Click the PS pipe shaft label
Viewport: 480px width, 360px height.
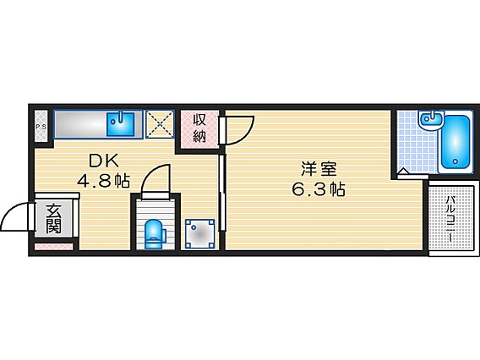click(x=41, y=126)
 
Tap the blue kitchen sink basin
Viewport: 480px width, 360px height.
click(x=120, y=124)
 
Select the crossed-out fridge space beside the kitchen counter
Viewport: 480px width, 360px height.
click(x=160, y=124)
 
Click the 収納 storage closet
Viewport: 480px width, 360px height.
click(x=199, y=129)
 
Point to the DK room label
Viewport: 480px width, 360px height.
click(x=104, y=161)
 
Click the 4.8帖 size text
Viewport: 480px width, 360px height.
click(x=103, y=181)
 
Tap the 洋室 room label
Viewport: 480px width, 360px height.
click(x=319, y=169)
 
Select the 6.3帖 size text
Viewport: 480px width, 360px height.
click(x=319, y=189)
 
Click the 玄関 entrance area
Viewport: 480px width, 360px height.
click(x=54, y=218)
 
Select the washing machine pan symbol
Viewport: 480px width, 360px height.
click(x=200, y=233)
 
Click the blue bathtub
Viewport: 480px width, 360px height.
click(x=455, y=142)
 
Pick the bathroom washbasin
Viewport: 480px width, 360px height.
click(x=431, y=120)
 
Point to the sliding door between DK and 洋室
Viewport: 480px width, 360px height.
click(x=222, y=193)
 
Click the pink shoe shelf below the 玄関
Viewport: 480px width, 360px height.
click(x=54, y=247)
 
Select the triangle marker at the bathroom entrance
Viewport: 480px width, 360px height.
click(x=403, y=172)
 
